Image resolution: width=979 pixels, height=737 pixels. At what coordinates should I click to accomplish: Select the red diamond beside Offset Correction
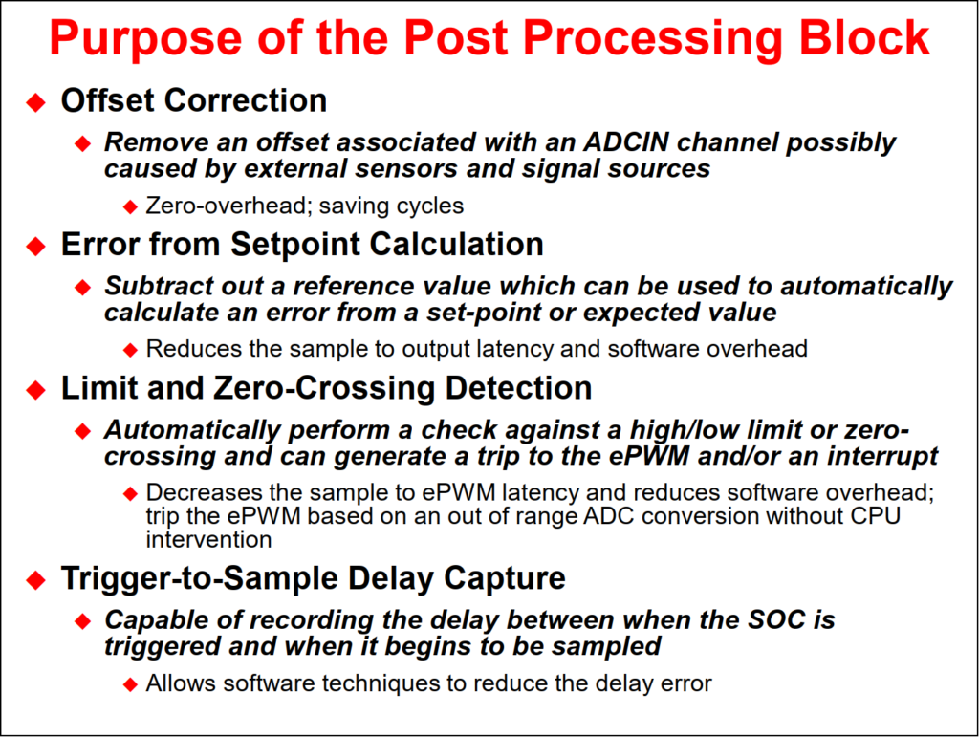36,101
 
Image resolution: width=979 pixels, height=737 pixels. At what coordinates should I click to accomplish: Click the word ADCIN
626,142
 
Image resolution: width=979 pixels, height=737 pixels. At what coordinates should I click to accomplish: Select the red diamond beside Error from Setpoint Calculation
36,246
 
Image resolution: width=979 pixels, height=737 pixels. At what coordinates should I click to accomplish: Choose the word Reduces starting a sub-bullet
193,348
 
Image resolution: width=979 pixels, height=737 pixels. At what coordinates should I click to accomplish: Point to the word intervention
208,540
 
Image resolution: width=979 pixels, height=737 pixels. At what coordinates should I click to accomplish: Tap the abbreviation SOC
776,619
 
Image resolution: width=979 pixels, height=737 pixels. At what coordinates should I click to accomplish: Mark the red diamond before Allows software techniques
130,684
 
